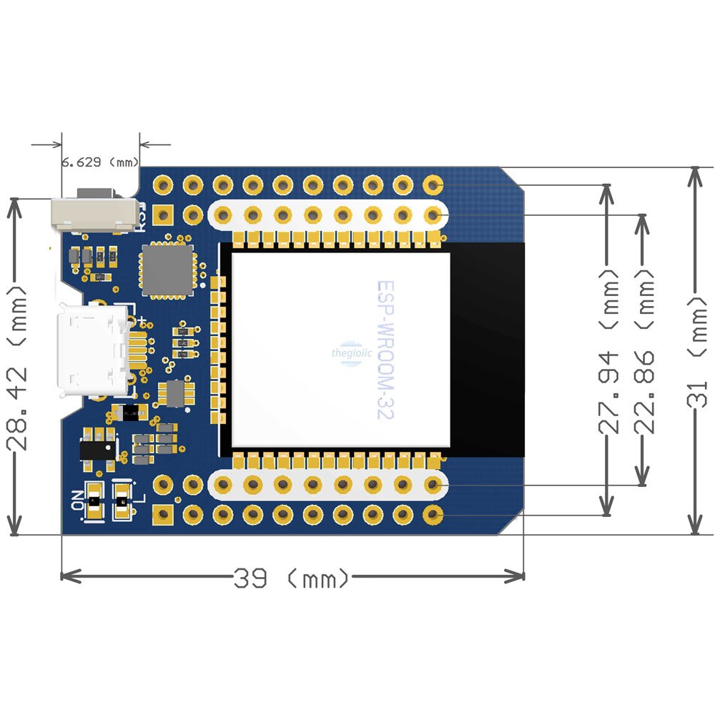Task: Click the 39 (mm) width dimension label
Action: [292, 576]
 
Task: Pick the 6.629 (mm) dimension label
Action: [100, 162]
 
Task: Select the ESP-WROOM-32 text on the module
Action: [386, 350]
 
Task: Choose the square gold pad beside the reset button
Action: [164, 214]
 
